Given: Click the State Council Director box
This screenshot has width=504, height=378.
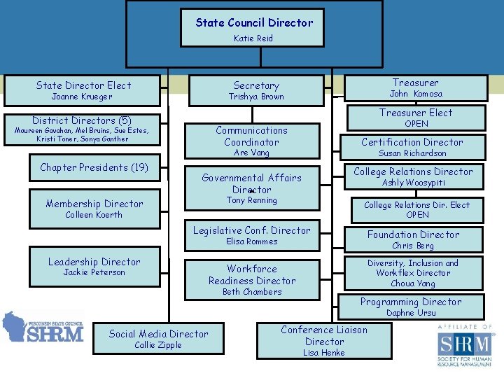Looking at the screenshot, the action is (x=254, y=28).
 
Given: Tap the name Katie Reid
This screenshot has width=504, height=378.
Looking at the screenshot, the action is (x=253, y=38).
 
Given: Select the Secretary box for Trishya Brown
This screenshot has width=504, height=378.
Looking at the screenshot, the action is (x=256, y=90).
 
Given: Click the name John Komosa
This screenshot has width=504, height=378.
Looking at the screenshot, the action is (x=416, y=94).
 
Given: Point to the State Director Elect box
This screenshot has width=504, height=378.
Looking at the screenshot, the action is (x=83, y=90).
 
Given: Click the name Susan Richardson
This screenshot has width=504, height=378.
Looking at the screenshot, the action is (x=412, y=153).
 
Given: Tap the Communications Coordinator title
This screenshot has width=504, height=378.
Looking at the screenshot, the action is (x=251, y=136).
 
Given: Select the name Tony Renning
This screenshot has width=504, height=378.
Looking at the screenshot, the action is (x=251, y=200).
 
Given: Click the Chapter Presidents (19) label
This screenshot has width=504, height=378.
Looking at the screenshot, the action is (x=94, y=167).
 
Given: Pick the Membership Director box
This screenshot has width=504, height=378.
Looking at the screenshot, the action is (x=94, y=209).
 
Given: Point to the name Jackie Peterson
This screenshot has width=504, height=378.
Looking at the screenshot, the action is (x=94, y=272).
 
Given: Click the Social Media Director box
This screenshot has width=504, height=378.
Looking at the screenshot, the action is (x=158, y=339).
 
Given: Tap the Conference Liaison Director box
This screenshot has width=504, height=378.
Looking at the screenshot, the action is (x=324, y=341).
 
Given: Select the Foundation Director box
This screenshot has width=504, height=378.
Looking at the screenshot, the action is (x=413, y=239).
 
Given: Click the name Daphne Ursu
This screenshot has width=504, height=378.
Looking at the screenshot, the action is (x=411, y=313).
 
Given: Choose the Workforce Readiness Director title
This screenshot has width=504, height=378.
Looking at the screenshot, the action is (x=252, y=274).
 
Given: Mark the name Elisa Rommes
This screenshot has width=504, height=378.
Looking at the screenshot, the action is (x=252, y=241).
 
